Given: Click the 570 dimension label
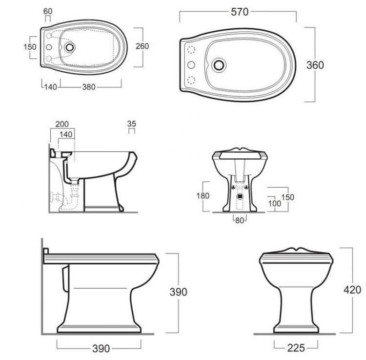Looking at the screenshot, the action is [x=240, y=12].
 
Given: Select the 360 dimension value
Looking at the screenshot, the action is [x=315, y=65].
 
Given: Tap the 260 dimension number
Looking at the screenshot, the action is [x=142, y=46].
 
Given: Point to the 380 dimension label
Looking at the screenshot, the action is [x=89, y=87].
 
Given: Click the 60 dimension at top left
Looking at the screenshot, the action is [x=48, y=11].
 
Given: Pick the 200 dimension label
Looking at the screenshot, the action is [x=62, y=124].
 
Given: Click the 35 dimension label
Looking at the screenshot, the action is [x=132, y=124].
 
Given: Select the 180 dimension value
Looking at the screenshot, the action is [x=203, y=196].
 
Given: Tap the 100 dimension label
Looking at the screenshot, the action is [x=274, y=204].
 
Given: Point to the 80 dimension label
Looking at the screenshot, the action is [x=240, y=220].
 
